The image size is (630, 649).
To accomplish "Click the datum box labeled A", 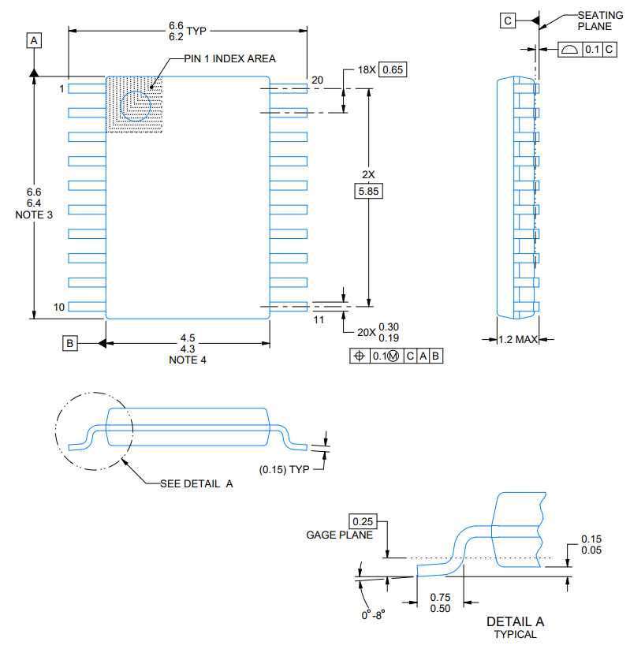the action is [x=34, y=40].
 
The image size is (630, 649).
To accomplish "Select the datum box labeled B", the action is [x=70, y=343].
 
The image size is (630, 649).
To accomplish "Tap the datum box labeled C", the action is [x=508, y=21].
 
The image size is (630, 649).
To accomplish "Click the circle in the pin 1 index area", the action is [x=136, y=106].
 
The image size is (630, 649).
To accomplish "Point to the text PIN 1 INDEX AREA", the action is [x=229, y=59].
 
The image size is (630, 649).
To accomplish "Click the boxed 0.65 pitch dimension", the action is [x=393, y=69].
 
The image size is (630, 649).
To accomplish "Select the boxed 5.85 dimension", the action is [x=368, y=191].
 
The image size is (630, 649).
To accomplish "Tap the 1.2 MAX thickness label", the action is [x=518, y=340].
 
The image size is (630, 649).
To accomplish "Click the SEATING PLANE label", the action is [x=600, y=21].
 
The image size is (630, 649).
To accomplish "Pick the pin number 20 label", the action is [x=317, y=80].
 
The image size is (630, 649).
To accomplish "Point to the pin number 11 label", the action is [x=319, y=320].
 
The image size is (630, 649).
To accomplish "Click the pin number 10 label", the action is [x=59, y=307].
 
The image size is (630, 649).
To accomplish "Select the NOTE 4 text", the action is [x=188, y=360].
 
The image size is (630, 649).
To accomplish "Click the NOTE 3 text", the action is [x=34, y=214].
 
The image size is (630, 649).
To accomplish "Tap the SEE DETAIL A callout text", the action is [x=196, y=484].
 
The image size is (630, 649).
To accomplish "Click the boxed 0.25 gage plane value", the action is [x=363, y=521].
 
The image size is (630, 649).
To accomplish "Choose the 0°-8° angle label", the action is [x=374, y=615].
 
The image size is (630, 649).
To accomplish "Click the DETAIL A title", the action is [x=516, y=621].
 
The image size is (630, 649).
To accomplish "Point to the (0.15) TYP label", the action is [x=285, y=470].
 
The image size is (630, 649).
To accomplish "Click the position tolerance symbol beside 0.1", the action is [x=360, y=356].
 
